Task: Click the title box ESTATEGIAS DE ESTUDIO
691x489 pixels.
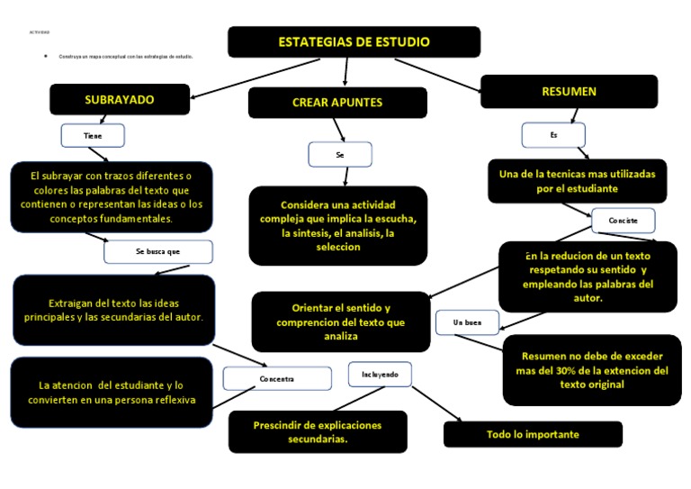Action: tap(354, 42)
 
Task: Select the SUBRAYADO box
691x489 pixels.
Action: tap(120, 100)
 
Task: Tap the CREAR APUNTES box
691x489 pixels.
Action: tap(337, 103)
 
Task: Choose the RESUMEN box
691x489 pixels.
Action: tap(569, 92)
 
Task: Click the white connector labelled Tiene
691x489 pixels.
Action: tap(93, 135)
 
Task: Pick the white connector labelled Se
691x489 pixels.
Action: tap(340, 155)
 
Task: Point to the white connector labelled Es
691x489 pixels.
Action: tap(553, 135)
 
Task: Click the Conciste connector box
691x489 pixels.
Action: tap(623, 221)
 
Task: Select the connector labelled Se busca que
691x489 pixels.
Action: tap(158, 252)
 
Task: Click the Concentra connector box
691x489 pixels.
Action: tap(277, 379)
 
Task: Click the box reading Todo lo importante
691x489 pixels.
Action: tap(533, 435)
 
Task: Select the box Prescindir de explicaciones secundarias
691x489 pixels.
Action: tap(318, 432)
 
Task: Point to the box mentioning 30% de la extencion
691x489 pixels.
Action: tap(592, 370)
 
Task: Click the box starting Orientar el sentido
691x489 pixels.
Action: tap(340, 321)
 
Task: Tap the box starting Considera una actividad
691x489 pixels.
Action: tap(337, 226)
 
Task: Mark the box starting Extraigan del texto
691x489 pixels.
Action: tap(113, 311)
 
